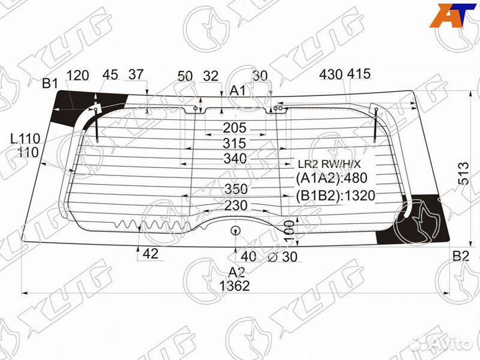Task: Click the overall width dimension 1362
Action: (x=233, y=286)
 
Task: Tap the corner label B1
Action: (x=50, y=83)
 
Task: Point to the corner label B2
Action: (x=461, y=256)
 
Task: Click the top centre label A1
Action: (x=238, y=91)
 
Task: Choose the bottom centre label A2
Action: (x=237, y=272)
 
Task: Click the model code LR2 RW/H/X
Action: (x=329, y=164)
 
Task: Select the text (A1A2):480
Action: (x=331, y=178)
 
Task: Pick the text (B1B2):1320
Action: (x=335, y=196)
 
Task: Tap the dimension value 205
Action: (x=234, y=127)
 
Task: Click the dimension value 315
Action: (x=234, y=143)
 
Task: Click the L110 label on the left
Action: (x=25, y=139)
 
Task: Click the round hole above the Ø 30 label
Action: (x=235, y=231)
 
